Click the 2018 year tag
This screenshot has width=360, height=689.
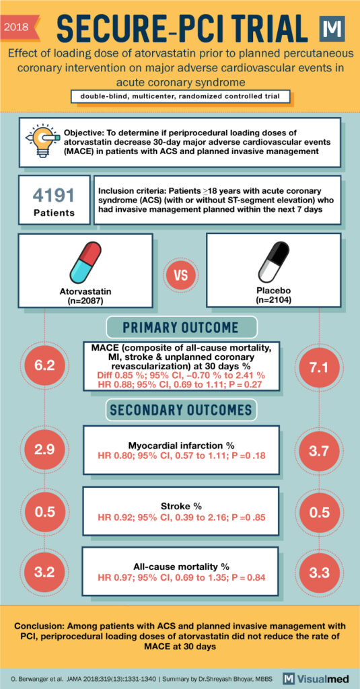point(19,28)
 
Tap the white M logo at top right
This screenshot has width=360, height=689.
point(333,30)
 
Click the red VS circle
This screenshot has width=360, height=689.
point(179,278)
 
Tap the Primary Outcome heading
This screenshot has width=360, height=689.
point(180,328)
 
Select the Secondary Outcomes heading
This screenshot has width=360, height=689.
point(180,409)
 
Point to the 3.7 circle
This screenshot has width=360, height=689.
point(315,448)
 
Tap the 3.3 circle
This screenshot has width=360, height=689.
point(315,572)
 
